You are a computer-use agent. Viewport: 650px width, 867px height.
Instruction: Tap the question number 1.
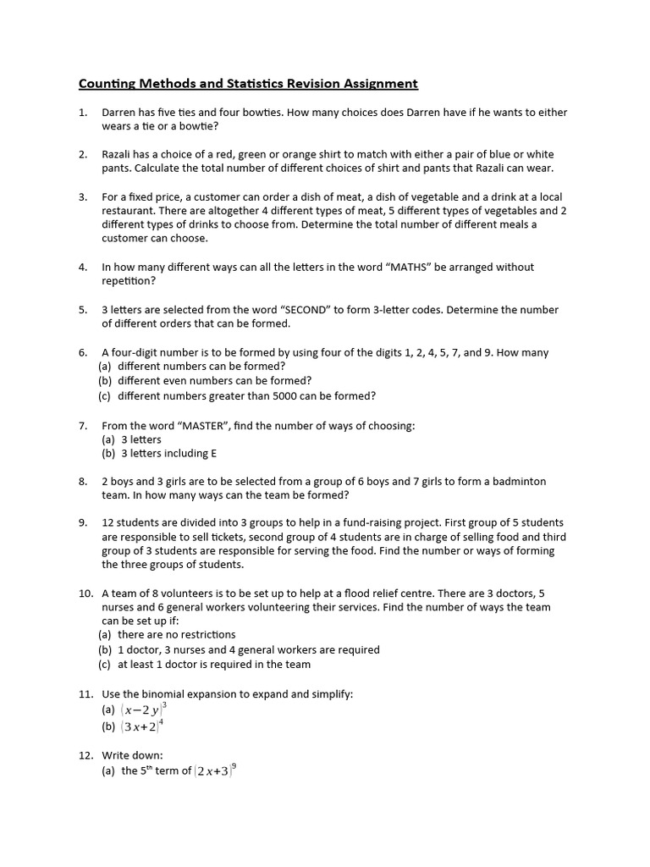[83, 113]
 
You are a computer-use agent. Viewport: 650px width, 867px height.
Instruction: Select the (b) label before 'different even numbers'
[105, 381]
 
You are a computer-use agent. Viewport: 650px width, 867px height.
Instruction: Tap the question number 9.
[83, 523]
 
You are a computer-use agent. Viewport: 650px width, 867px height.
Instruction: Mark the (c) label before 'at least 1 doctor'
[105, 665]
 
